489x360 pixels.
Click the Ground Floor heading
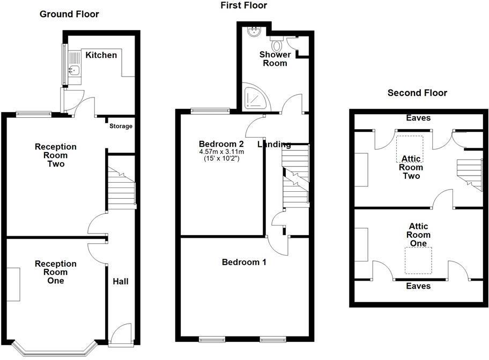pos(69,14)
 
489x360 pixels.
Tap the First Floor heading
pos(243,5)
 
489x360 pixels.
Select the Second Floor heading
pos(417,93)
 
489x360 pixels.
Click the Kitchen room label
pos(101,55)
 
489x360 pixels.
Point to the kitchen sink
pos(73,70)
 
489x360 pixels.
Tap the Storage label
pos(121,126)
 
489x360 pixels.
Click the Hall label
pos(120,281)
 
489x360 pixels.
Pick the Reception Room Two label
pos(56,155)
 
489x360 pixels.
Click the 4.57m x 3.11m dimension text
pos(222,152)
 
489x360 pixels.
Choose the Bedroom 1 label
pos(244,262)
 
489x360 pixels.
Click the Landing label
pos(274,144)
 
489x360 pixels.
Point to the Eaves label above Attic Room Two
pos(418,118)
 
